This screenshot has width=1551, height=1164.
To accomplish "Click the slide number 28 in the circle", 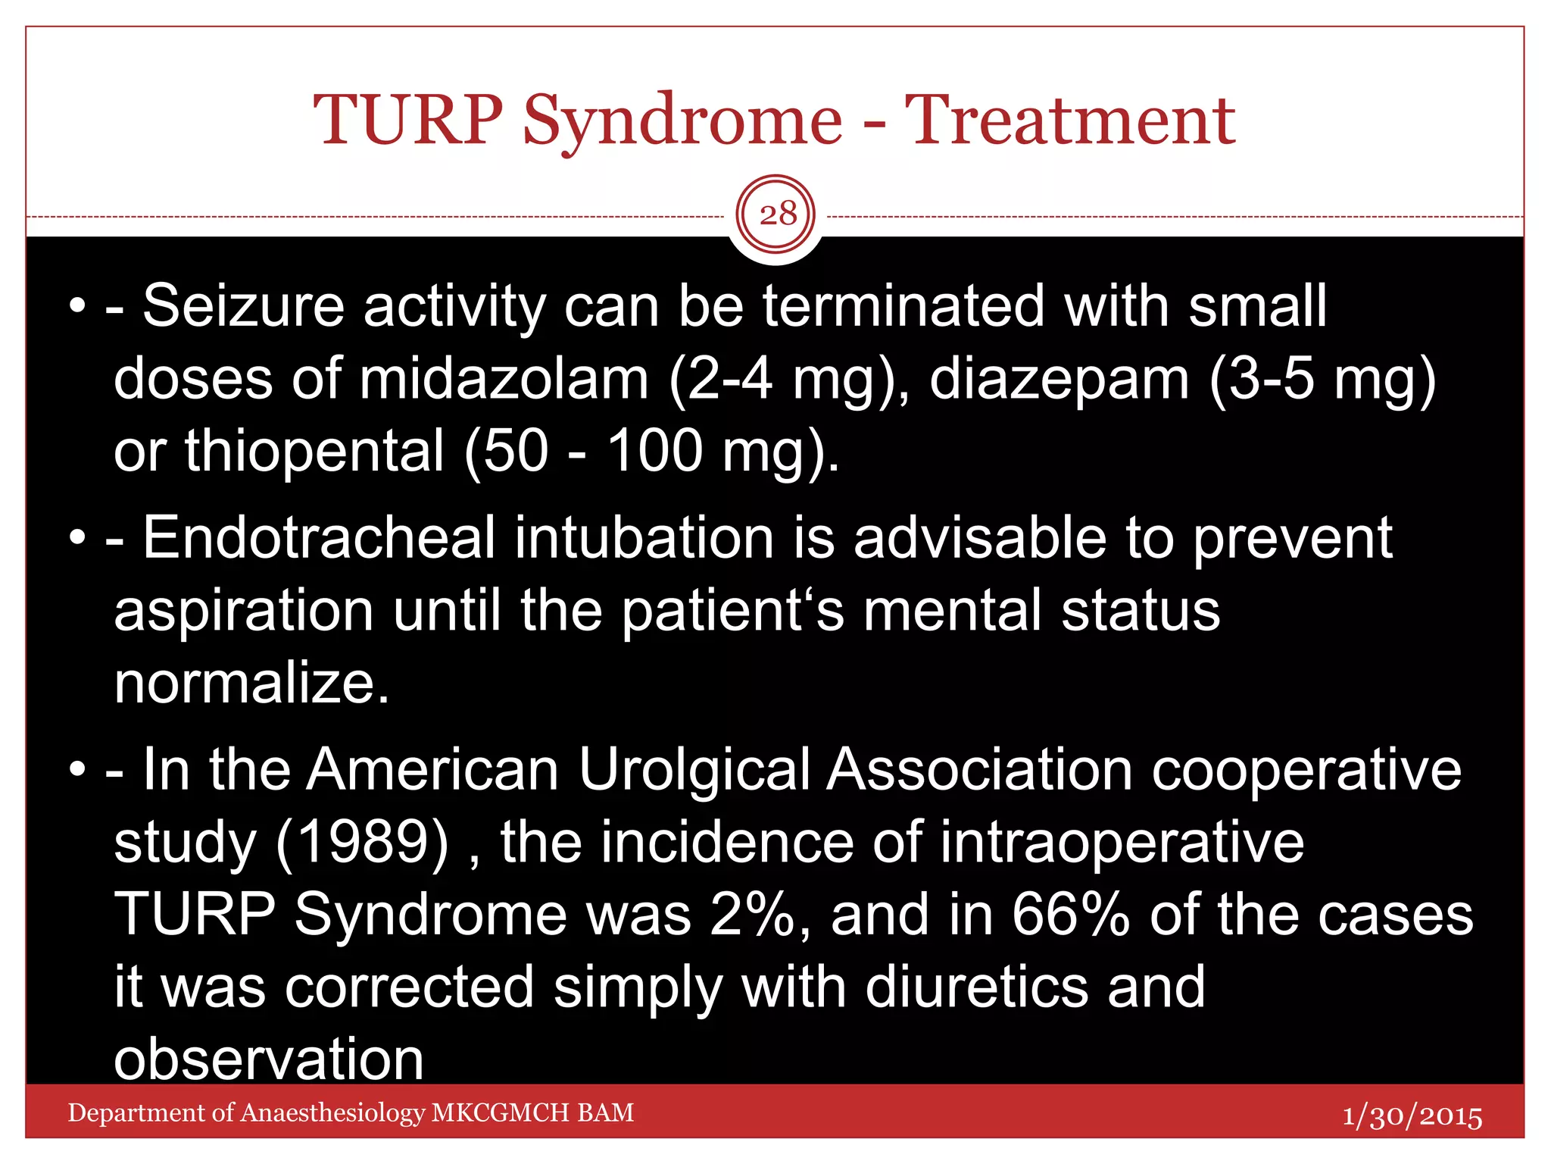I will pyautogui.click(x=777, y=214).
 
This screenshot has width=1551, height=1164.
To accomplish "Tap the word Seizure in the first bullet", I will pyautogui.click(x=243, y=306).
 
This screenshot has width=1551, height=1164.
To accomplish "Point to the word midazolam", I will pyautogui.click(x=504, y=379).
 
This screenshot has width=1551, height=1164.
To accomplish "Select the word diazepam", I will pyautogui.click(x=1059, y=379).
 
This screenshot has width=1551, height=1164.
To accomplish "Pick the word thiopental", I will pyautogui.click(x=314, y=451).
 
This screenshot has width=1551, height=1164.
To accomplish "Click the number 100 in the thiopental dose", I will pyautogui.click(x=655, y=451).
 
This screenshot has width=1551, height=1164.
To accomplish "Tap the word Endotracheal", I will pyautogui.click(x=319, y=538).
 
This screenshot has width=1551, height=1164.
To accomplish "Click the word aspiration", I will pyautogui.click(x=243, y=611).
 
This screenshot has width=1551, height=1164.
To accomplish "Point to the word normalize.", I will pyautogui.click(x=251, y=683).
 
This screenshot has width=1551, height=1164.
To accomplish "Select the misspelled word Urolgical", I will pyautogui.click(x=694, y=770).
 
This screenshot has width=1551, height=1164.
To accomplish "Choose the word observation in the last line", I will pyautogui.click(x=268, y=1059).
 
